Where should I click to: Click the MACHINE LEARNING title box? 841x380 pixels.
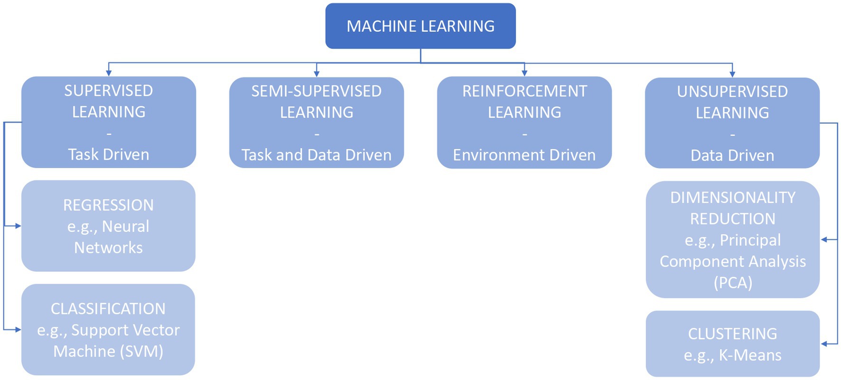[x=420, y=26]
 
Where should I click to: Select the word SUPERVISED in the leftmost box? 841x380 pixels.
[x=109, y=91]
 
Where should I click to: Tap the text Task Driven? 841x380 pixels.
[x=109, y=154]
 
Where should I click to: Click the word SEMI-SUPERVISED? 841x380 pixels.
[x=316, y=91]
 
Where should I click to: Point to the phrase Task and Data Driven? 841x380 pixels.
[x=316, y=155]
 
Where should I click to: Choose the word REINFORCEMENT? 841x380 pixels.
[x=524, y=91]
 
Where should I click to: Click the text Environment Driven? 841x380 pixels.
[x=524, y=155]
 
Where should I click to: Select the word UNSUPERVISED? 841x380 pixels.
[x=732, y=92]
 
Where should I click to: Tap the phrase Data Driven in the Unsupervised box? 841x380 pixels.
[x=732, y=155]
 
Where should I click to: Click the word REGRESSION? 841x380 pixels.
[x=109, y=205]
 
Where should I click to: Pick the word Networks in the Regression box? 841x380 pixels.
[x=109, y=247]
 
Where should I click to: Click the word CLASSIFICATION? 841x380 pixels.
[x=109, y=309]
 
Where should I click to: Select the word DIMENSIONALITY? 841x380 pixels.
[x=732, y=198]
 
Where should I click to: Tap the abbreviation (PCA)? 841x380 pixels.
[x=733, y=283]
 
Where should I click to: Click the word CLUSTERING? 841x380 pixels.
[x=732, y=334]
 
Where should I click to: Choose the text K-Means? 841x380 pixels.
[x=750, y=355]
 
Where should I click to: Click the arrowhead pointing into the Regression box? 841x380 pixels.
[x=18, y=226]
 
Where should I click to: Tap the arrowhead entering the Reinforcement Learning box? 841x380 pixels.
[x=524, y=73]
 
